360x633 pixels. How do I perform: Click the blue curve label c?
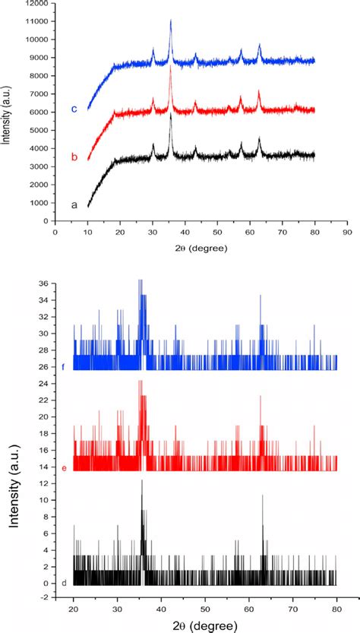(x=74, y=109)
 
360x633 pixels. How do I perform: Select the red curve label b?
(x=74, y=157)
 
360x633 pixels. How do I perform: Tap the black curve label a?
(x=74, y=205)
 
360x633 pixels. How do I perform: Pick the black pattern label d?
(x=64, y=583)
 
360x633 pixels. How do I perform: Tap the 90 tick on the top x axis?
(x=347, y=233)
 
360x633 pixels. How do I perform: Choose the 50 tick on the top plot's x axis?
(x=217, y=233)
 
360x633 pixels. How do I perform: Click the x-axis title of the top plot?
(x=201, y=248)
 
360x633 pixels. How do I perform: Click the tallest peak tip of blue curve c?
(x=171, y=21)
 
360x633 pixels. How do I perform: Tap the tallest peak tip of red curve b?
(x=171, y=68)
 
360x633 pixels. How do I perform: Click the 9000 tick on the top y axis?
(x=36, y=58)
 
